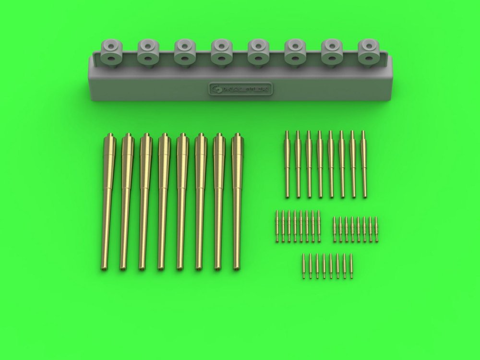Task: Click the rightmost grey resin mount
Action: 368,52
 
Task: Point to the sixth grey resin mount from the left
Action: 295,52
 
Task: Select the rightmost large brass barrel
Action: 236,202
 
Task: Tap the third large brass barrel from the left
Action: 144,202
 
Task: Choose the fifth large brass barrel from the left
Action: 180,202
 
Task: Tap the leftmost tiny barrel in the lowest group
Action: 304,266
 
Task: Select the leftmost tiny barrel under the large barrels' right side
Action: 277,226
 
